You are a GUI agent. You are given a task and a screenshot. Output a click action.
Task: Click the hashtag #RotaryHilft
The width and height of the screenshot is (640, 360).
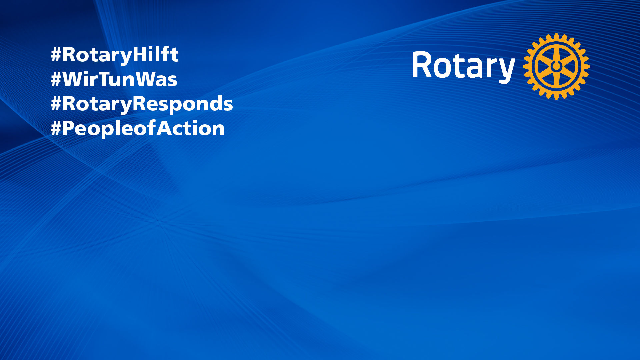(114, 55)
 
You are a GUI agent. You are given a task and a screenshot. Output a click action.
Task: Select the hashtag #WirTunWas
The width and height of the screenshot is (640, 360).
(114, 79)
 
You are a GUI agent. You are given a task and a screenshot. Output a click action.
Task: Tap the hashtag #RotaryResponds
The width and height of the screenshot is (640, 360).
(141, 104)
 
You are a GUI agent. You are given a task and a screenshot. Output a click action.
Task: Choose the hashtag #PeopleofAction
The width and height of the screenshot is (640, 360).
(137, 129)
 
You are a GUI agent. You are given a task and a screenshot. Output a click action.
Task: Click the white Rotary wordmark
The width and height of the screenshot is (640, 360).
(464, 67)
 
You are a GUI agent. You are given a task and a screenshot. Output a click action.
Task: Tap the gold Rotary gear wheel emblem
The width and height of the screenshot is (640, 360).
(556, 66)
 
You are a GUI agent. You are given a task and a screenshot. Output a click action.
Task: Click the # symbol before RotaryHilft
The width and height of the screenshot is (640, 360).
(56, 55)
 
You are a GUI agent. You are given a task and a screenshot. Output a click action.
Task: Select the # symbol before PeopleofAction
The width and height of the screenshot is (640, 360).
(56, 128)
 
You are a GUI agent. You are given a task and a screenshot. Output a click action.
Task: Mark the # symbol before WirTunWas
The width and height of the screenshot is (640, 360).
(56, 79)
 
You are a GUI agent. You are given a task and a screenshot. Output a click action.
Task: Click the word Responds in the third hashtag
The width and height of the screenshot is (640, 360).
(183, 104)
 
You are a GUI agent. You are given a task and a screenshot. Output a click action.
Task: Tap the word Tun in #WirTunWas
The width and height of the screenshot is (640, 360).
(121, 79)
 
